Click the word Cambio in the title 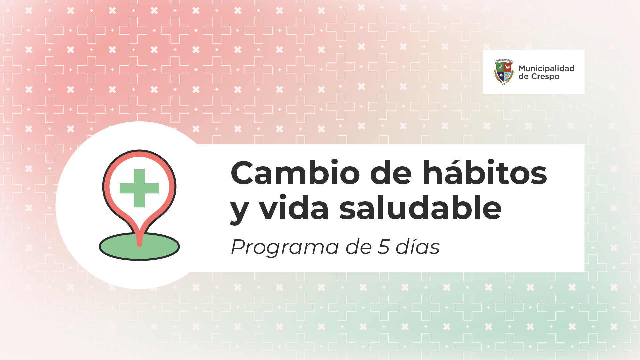tap(295, 173)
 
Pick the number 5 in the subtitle tap(384, 247)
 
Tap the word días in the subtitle tap(418, 247)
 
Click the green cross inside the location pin tap(139, 188)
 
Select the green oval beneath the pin tap(139, 247)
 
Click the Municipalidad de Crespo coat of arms tap(503, 72)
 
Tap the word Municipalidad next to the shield tap(546, 68)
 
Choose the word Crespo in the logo tap(545, 77)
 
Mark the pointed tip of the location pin tap(139, 245)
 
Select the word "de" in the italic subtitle tap(359, 247)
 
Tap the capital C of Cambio tap(243, 173)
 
